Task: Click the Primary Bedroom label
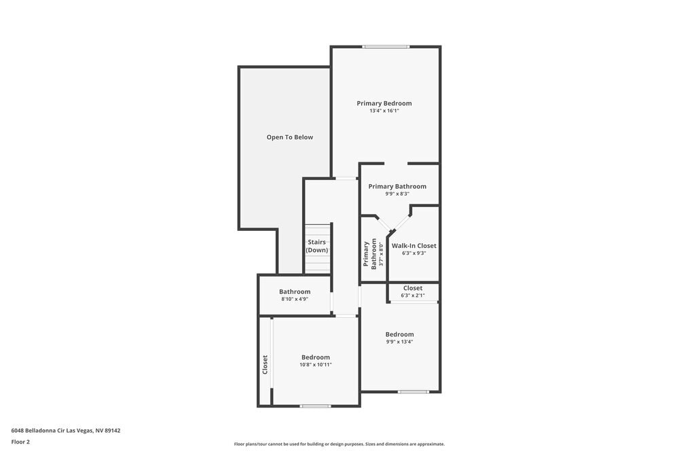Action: click(x=384, y=103)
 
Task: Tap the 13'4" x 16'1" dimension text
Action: click(x=384, y=111)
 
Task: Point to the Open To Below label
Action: click(x=290, y=137)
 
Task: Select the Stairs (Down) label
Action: click(x=316, y=246)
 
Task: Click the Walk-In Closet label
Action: click(x=414, y=245)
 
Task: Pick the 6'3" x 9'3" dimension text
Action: click(x=414, y=253)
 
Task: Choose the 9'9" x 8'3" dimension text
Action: click(x=397, y=194)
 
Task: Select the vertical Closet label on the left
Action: click(x=265, y=365)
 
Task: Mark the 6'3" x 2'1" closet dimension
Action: click(x=413, y=295)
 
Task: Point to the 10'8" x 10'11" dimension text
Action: click(x=316, y=365)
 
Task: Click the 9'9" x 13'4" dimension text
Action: click(x=399, y=342)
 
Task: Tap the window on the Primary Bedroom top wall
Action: click(x=386, y=46)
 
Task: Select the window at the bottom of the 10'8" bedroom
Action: click(x=316, y=406)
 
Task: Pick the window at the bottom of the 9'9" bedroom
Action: click(x=413, y=392)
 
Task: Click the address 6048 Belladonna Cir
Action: click(x=66, y=430)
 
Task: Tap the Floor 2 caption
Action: click(x=20, y=441)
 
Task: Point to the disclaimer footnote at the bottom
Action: click(x=339, y=444)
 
